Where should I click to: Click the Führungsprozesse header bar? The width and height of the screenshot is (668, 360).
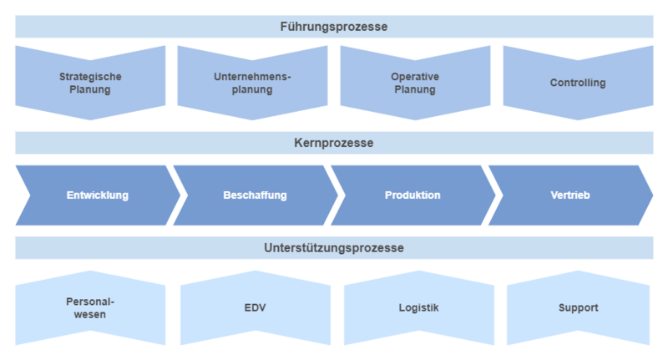pyautogui.click(x=334, y=27)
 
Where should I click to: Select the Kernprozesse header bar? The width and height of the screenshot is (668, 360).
pyautogui.click(x=334, y=143)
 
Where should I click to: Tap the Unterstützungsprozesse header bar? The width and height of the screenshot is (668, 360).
pyautogui.click(x=334, y=248)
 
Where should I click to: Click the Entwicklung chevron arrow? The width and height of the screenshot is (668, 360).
pyautogui.click(x=98, y=195)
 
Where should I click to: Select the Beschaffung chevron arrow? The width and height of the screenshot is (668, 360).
pyautogui.click(x=255, y=195)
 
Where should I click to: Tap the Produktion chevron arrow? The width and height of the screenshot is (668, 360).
pyautogui.click(x=412, y=195)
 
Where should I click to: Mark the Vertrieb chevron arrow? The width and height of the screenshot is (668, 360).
pyautogui.click(x=570, y=195)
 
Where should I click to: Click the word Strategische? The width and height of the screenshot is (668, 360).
pyautogui.click(x=90, y=76)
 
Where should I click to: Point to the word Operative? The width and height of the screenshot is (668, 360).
pyautogui.click(x=415, y=76)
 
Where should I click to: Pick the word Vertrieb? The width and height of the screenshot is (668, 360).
pyautogui.click(x=570, y=195)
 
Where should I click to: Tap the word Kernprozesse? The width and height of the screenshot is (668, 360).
pyautogui.click(x=334, y=143)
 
